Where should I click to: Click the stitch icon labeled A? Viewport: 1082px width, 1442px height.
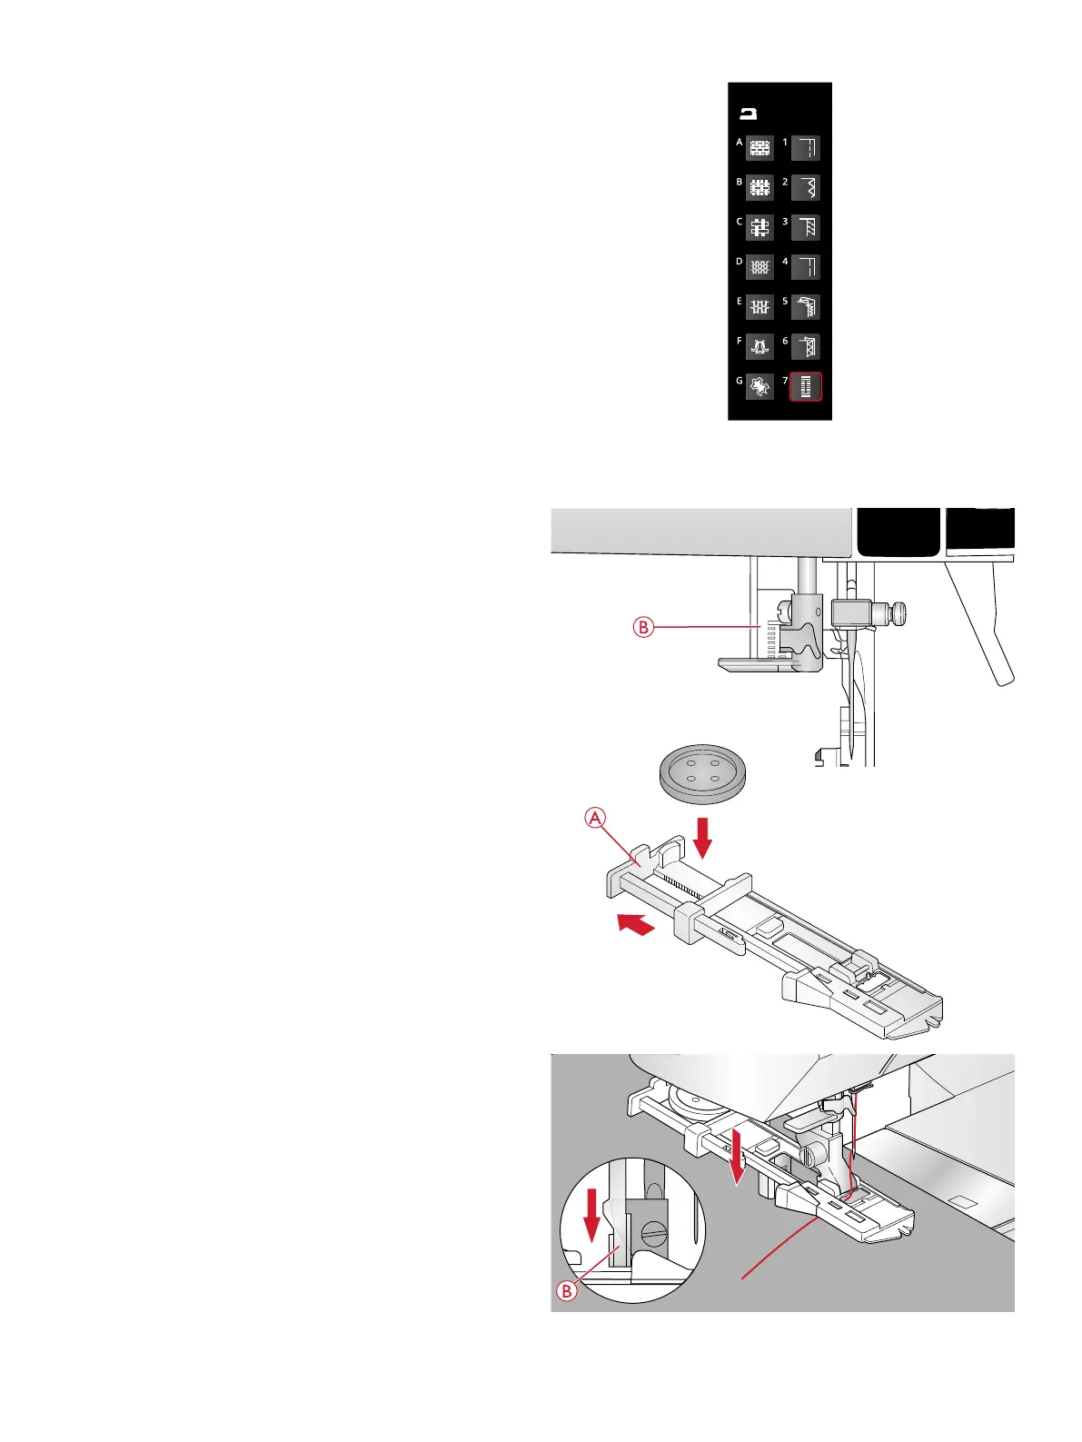click(x=760, y=147)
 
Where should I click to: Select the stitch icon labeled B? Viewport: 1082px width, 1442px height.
click(x=760, y=187)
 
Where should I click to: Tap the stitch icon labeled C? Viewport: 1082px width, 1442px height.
click(x=760, y=227)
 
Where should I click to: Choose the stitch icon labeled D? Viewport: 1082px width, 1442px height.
click(x=760, y=267)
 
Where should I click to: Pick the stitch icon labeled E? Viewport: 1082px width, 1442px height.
click(x=760, y=307)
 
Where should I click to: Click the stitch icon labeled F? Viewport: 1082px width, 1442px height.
click(x=760, y=347)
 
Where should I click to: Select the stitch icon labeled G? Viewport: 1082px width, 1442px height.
click(x=760, y=387)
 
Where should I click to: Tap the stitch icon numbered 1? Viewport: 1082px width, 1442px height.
click(x=806, y=147)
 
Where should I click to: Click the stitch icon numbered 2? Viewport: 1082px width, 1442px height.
click(x=806, y=187)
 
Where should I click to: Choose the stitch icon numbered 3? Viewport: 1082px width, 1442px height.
click(x=806, y=227)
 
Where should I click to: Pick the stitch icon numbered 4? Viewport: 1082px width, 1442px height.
click(x=806, y=267)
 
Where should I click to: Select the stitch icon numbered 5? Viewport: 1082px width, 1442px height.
click(x=806, y=307)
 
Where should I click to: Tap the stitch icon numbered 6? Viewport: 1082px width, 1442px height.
click(x=806, y=347)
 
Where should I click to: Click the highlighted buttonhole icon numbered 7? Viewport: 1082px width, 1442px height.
click(x=806, y=387)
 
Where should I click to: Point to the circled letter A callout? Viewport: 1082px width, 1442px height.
click(x=595, y=819)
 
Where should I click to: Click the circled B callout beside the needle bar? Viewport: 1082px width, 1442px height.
click(x=643, y=627)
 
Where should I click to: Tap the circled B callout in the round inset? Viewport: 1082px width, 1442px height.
click(x=567, y=1290)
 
